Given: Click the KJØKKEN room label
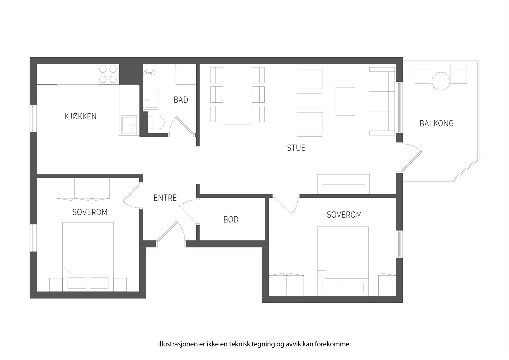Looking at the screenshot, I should click(x=80, y=116).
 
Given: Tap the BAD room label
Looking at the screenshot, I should click(x=181, y=100).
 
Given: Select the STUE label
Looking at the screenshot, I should click(x=296, y=148).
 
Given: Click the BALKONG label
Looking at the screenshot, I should click(x=436, y=124).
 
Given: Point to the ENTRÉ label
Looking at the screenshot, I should click(x=165, y=198).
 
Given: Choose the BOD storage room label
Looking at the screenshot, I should click(x=231, y=220).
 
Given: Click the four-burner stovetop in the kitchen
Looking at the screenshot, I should click(x=108, y=74).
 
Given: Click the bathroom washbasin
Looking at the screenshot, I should click(x=150, y=100).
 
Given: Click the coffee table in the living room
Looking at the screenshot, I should click(x=345, y=101).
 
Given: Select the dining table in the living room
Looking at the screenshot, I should click(x=237, y=95).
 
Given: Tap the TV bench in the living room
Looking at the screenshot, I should click(x=343, y=184).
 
